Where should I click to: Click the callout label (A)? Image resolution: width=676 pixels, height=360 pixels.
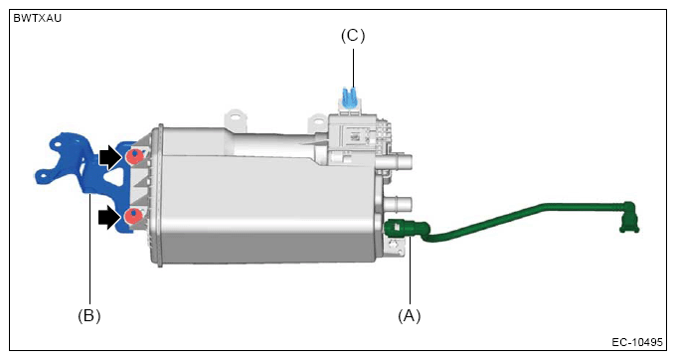tap(410, 316)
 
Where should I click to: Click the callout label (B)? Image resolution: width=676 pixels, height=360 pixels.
tap(89, 316)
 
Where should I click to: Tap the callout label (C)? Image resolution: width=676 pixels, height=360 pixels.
tap(353, 36)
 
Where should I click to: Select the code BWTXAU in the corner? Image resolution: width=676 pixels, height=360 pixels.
tap(38, 18)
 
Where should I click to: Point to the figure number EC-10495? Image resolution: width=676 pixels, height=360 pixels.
tap(637, 342)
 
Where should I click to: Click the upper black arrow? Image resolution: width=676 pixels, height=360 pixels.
tap(111, 157)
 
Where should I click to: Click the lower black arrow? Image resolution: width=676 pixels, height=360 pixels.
tap(111, 218)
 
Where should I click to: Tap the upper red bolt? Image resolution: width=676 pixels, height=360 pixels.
tap(134, 156)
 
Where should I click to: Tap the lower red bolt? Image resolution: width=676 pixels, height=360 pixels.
tap(133, 216)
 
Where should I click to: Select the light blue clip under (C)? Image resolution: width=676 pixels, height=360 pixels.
tap(350, 97)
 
